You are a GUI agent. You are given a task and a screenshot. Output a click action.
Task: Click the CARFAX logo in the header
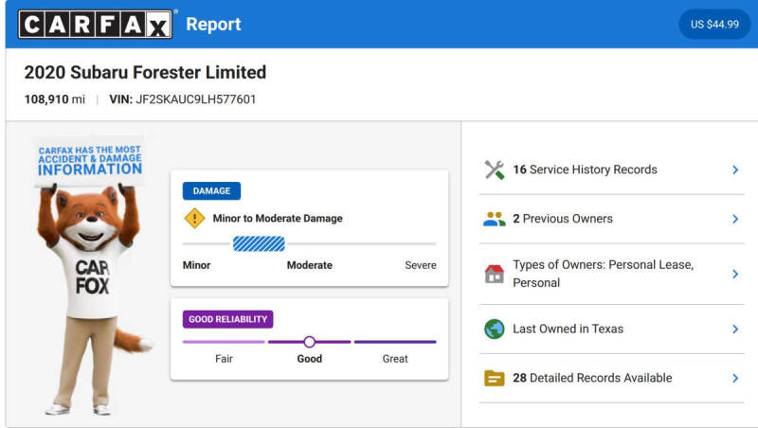click(96, 25)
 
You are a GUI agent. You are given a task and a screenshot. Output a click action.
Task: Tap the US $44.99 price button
click(714, 25)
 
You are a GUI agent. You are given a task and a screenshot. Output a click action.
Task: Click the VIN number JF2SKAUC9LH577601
click(196, 99)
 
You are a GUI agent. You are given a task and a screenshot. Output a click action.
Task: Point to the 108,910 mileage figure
click(46, 99)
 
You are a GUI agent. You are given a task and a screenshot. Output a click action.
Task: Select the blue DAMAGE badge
click(211, 191)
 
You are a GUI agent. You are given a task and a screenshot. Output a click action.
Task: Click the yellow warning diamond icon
click(195, 219)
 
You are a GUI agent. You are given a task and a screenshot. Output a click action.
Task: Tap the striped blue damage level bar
click(259, 244)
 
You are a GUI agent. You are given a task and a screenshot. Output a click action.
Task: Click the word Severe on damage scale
click(421, 265)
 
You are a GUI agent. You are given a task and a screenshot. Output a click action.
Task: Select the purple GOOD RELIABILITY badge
click(227, 319)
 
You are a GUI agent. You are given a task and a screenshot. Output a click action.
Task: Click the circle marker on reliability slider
click(310, 342)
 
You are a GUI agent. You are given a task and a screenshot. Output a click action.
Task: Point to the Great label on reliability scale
click(395, 359)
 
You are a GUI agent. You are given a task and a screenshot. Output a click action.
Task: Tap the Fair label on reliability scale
click(224, 359)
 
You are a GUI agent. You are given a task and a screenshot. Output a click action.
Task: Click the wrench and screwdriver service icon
click(495, 170)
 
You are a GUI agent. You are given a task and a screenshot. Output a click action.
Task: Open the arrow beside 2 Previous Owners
click(735, 219)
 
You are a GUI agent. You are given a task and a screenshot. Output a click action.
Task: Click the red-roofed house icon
click(495, 274)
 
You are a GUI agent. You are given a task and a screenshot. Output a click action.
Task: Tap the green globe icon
click(495, 329)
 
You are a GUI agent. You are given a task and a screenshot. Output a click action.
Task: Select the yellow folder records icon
click(495, 378)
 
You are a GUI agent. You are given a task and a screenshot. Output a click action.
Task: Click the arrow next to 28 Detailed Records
click(735, 378)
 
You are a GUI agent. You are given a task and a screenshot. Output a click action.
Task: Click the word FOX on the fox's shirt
click(92, 286)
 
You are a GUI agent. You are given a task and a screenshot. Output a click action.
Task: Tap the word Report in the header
click(213, 25)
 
